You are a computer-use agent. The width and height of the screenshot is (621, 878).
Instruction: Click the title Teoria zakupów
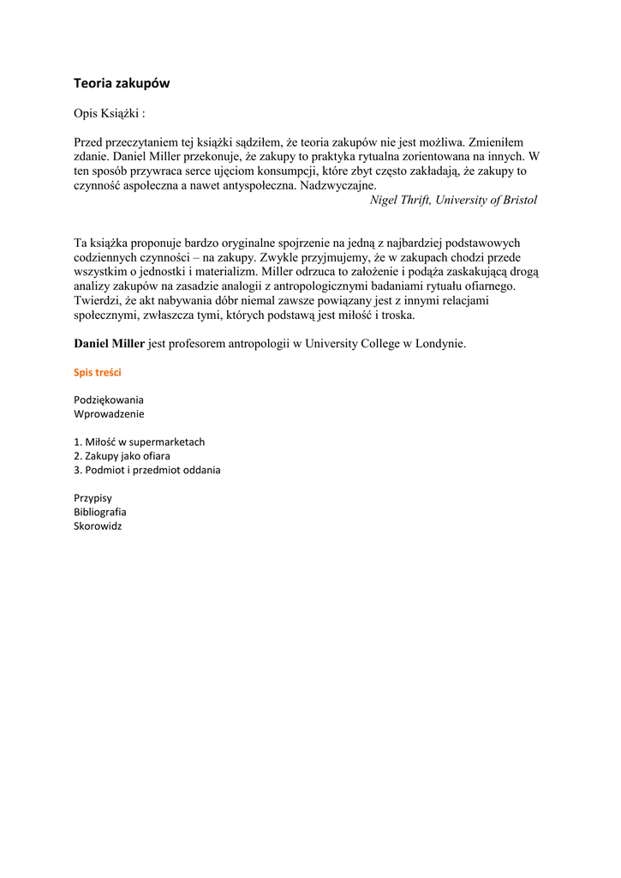pyautogui.click(x=122, y=83)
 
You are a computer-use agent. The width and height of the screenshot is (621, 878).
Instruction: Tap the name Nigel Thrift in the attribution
pyautogui.click(x=400, y=200)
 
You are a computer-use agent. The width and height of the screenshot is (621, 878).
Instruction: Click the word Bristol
pyautogui.click(x=518, y=200)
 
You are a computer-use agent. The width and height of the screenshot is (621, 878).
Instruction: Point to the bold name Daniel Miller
pyautogui.click(x=110, y=344)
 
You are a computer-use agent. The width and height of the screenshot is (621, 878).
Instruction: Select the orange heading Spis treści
pyautogui.click(x=98, y=373)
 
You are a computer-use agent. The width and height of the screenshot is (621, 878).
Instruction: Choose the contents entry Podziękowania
pyautogui.click(x=109, y=400)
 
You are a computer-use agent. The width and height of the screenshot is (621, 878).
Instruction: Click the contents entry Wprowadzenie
pyautogui.click(x=109, y=413)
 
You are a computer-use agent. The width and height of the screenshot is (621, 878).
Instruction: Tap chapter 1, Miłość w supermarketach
pyautogui.click(x=140, y=442)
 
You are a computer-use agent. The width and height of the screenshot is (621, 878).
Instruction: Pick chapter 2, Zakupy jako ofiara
pyautogui.click(x=122, y=456)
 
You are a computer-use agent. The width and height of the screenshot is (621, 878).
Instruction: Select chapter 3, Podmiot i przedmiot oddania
pyautogui.click(x=147, y=470)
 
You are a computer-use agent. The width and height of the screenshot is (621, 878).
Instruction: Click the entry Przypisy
pyautogui.click(x=93, y=498)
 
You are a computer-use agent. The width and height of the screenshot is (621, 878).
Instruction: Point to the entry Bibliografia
pyautogui.click(x=100, y=512)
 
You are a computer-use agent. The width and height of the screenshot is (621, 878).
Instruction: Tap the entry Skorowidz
pyautogui.click(x=98, y=526)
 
